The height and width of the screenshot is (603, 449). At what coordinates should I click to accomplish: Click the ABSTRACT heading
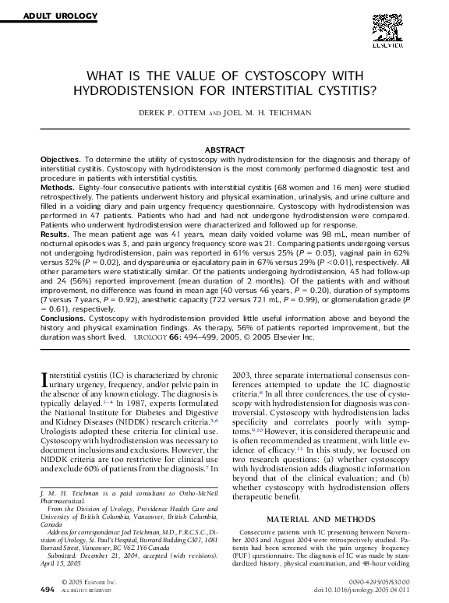click(224, 149)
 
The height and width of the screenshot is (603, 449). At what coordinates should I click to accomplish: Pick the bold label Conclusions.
click(64, 319)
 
